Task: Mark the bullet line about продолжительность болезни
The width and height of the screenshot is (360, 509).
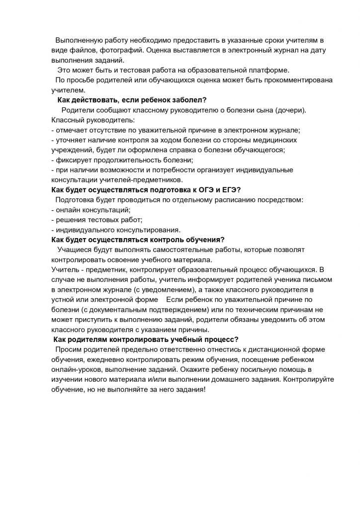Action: [x=122, y=160]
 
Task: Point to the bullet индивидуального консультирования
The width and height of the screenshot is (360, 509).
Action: [x=116, y=230]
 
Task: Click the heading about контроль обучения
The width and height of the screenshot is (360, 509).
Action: [x=138, y=240]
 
